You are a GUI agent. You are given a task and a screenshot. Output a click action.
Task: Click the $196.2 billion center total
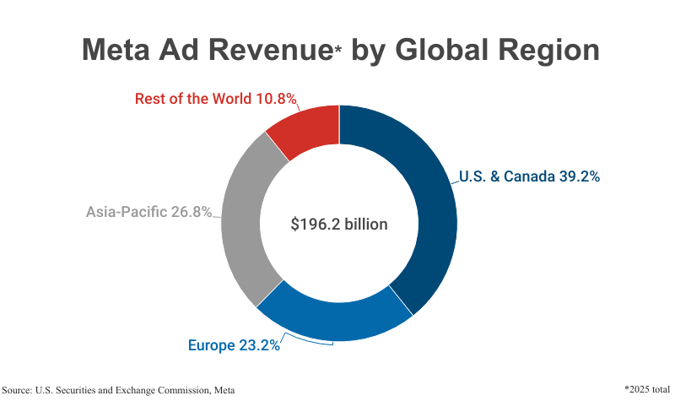338,225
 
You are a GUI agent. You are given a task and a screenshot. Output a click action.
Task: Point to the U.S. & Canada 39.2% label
529,177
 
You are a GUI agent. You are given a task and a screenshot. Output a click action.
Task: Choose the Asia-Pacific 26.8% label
148,212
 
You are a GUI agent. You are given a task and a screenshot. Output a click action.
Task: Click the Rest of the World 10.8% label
216,99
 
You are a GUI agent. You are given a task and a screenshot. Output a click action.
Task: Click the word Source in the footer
18,389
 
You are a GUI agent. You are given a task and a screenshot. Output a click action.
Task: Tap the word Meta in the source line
222,389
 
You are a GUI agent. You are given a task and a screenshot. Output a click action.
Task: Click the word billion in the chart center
364,225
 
